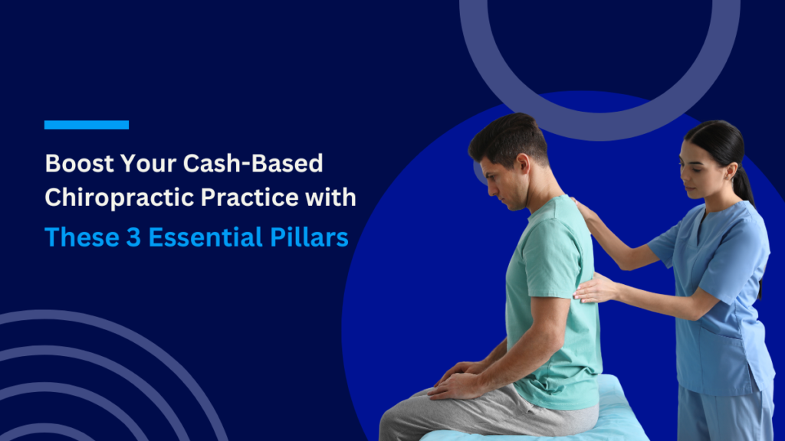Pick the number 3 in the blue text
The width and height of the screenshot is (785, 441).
pyautogui.click(x=133, y=237)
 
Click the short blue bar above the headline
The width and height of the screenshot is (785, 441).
pyautogui.click(x=86, y=125)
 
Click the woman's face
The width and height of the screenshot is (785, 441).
pyautogui.click(x=694, y=168)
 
